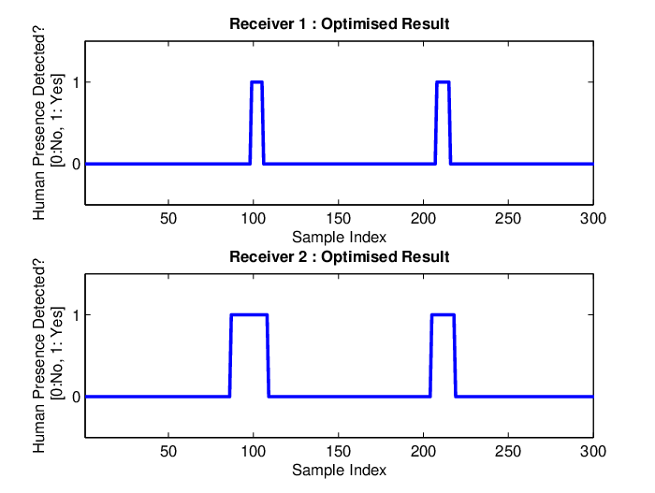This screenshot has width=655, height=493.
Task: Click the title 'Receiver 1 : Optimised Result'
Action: (x=339, y=23)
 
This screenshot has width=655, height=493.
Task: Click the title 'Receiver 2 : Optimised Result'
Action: (x=339, y=256)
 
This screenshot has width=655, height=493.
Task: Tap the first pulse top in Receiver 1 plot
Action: (x=257, y=82)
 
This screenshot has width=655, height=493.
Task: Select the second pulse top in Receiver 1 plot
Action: (x=443, y=82)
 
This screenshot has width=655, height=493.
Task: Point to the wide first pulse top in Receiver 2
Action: (x=249, y=314)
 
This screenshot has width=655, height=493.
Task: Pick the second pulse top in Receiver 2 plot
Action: (x=443, y=314)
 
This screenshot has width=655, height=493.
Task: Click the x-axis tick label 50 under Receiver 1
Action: (x=168, y=219)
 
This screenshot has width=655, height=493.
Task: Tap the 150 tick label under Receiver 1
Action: (x=338, y=219)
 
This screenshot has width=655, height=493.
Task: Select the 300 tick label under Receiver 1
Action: (x=592, y=219)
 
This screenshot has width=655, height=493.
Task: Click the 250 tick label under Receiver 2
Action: (x=508, y=451)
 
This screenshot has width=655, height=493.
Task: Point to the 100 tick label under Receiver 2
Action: (x=254, y=451)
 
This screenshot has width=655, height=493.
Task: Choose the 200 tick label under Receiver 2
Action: (x=423, y=451)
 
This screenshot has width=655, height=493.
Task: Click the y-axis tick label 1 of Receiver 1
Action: (x=76, y=82)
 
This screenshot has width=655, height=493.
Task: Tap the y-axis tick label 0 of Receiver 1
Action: (x=76, y=165)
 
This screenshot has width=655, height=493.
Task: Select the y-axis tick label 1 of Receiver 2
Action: (x=76, y=315)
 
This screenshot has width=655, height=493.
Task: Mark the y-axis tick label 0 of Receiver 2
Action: (x=76, y=397)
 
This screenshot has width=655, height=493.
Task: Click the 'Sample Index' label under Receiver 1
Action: (x=339, y=238)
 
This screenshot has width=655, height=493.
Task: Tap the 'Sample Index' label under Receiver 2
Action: (x=339, y=470)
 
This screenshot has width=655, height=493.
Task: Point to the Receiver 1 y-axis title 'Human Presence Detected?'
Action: (x=39, y=123)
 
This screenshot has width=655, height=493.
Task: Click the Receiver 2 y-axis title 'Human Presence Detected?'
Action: (x=39, y=355)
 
